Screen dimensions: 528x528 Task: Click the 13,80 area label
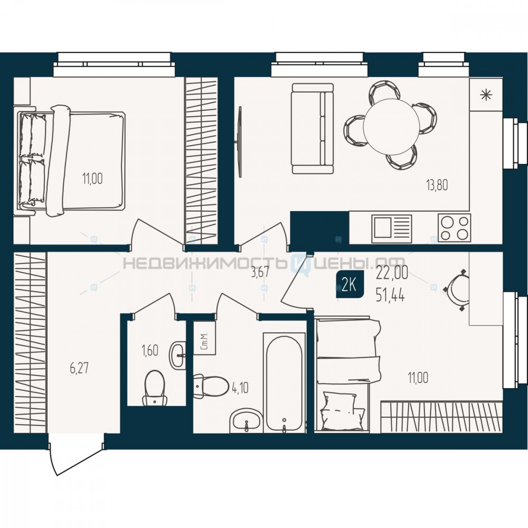(437, 185)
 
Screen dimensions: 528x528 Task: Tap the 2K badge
(350, 285)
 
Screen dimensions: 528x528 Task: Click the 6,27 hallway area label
(80, 367)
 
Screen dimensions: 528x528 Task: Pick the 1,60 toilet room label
(150, 351)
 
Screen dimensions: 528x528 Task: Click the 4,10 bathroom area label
(240, 388)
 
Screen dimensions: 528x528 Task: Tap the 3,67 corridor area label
(260, 272)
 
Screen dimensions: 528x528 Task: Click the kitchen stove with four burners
(454, 228)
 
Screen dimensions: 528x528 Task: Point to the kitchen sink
(392, 229)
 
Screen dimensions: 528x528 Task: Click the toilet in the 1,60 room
(155, 388)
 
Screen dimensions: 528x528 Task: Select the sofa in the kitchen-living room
(313, 129)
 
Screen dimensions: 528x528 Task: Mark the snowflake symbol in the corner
(486, 95)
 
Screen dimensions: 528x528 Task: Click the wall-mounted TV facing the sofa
(240, 142)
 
